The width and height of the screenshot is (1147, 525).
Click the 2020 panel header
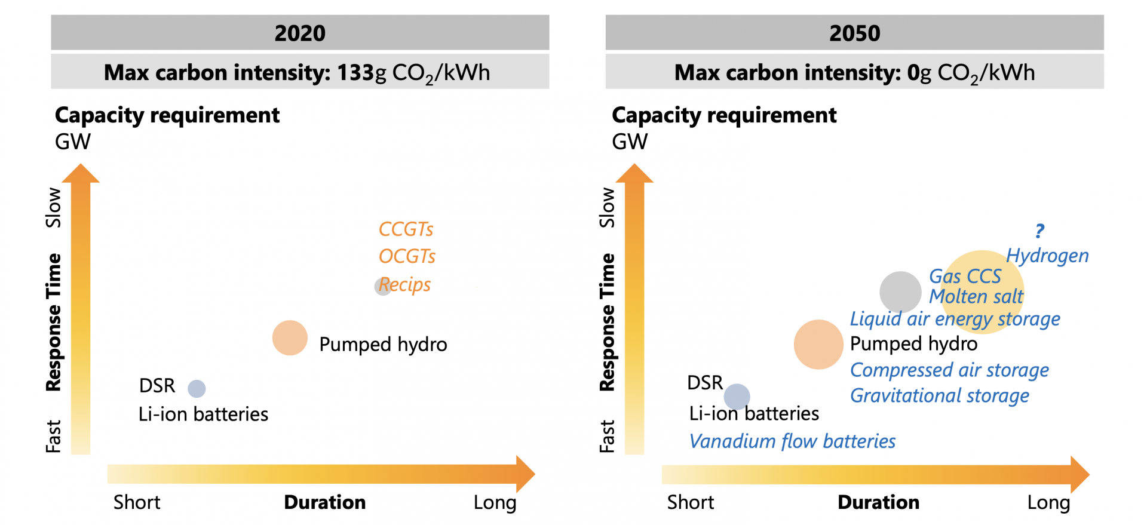pyautogui.click(x=300, y=33)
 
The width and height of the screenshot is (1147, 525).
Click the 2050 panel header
pyautogui.click(x=854, y=33)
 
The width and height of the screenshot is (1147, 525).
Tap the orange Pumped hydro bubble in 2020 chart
pyautogui.click(x=290, y=338)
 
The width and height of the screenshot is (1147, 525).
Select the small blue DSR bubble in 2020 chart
pyautogui.click(x=197, y=389)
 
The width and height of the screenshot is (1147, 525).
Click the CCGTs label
pyautogui.click(x=406, y=229)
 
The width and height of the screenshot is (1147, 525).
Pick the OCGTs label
pyautogui.click(x=407, y=256)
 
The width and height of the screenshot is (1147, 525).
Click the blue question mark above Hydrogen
pyautogui.click(x=1039, y=231)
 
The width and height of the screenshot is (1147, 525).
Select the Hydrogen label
pyautogui.click(x=1047, y=256)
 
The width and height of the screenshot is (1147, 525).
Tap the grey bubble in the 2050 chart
pyautogui.click(x=900, y=292)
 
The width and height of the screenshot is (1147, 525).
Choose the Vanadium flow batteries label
pyautogui.click(x=792, y=441)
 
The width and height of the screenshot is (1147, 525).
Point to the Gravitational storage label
pyautogui.click(x=939, y=395)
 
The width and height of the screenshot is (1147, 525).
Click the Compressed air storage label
pyautogui.click(x=949, y=370)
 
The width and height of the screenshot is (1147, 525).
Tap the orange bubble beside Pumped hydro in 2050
pyautogui.click(x=818, y=345)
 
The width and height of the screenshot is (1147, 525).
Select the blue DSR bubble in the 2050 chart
pyautogui.click(x=737, y=397)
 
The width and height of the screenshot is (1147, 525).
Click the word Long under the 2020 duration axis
pyautogui.click(x=495, y=502)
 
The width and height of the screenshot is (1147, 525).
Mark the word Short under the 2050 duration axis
pyautogui.click(x=690, y=502)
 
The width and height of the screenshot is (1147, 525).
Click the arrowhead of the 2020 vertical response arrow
pyautogui.click(x=81, y=173)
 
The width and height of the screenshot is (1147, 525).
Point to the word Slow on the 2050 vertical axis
pyautogui.click(x=607, y=208)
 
